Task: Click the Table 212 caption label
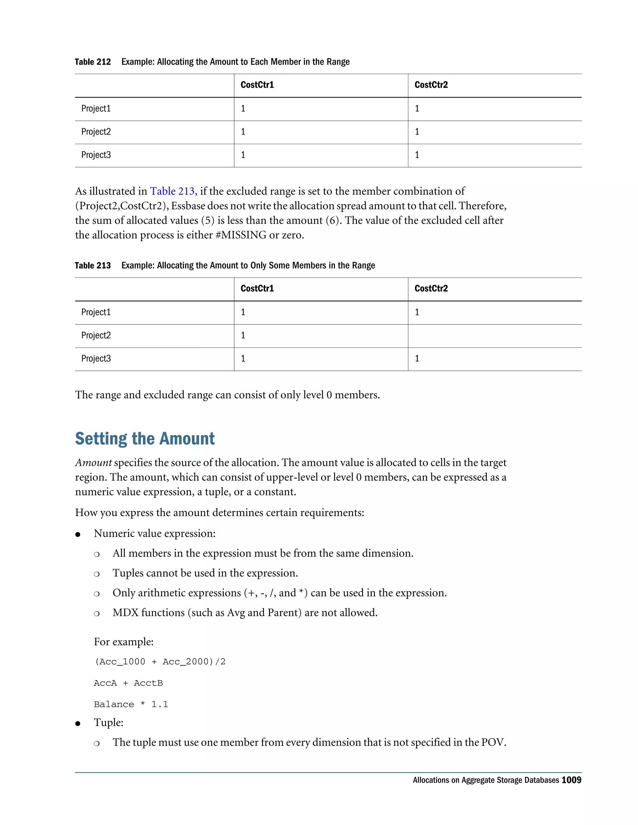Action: coord(93,62)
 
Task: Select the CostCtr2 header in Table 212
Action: coord(431,85)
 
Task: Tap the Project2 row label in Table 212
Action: coord(96,132)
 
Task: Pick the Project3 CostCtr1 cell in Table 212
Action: coord(243,155)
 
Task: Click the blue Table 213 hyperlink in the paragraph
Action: coord(172,191)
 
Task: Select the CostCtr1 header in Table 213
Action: coord(257,289)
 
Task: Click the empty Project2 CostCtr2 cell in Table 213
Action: coord(494,336)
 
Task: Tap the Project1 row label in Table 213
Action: coord(96,312)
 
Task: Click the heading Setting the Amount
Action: coord(145,439)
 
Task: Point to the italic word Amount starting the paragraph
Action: coord(93,463)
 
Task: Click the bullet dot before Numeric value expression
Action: coord(78,535)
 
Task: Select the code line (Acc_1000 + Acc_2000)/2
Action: coord(159,662)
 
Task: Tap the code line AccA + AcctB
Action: coord(128,683)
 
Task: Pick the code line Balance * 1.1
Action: coord(131,705)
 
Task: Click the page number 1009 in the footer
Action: coord(571,780)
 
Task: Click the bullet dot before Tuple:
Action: coord(78,724)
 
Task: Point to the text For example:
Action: coord(124,642)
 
